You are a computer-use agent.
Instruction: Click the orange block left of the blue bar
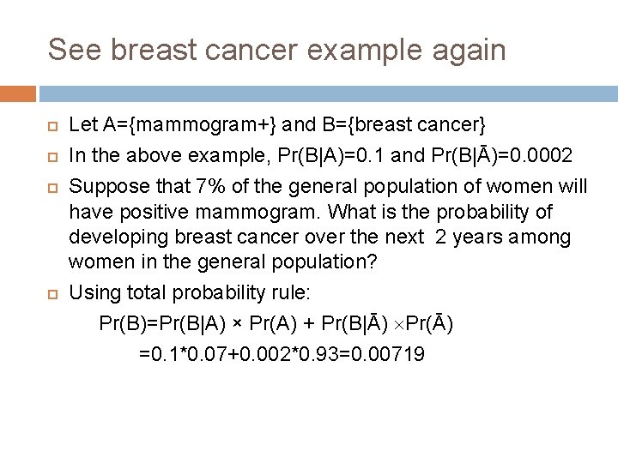pyautogui.click(x=18, y=93)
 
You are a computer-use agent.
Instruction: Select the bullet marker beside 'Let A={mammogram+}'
pyautogui.click(x=52, y=127)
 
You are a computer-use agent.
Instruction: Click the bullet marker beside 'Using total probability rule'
pyautogui.click(x=52, y=294)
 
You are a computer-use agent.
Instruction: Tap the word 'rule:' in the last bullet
pyautogui.click(x=291, y=293)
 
